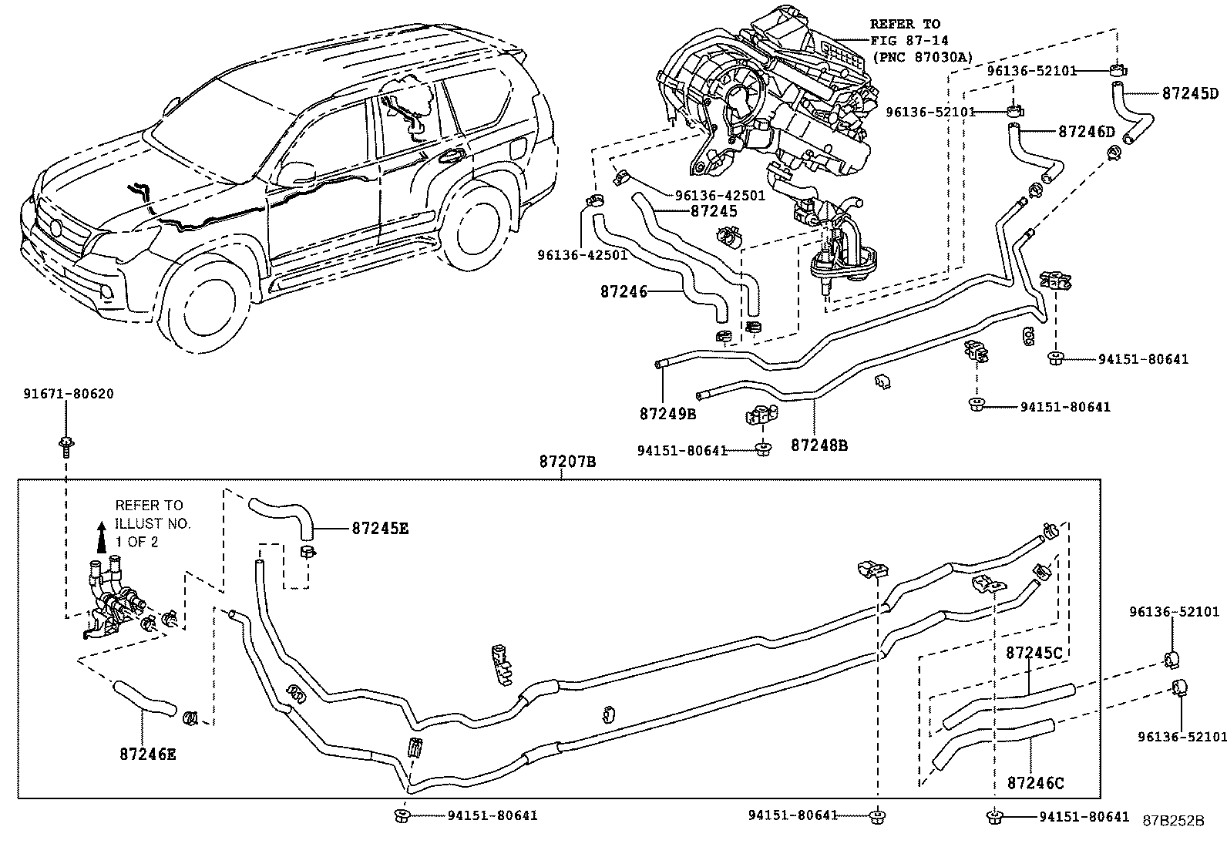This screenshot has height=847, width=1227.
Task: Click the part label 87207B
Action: [567, 462]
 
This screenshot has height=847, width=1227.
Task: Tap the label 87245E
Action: [380, 528]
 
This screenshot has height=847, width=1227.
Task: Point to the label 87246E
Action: [148, 754]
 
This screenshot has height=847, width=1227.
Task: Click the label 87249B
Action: [667, 414]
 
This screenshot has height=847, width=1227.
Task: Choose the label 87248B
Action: [819, 445]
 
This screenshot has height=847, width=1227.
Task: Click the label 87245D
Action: [1190, 94]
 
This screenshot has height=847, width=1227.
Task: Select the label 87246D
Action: [1087, 132]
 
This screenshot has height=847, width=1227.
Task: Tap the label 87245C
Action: [1034, 653]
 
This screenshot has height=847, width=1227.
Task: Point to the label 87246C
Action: [1035, 783]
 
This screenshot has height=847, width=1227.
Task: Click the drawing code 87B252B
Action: [1172, 820]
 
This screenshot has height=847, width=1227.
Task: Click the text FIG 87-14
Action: [909, 40]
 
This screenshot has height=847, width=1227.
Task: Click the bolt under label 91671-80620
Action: [66, 443]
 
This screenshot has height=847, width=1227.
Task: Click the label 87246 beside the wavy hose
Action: [622, 291]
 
